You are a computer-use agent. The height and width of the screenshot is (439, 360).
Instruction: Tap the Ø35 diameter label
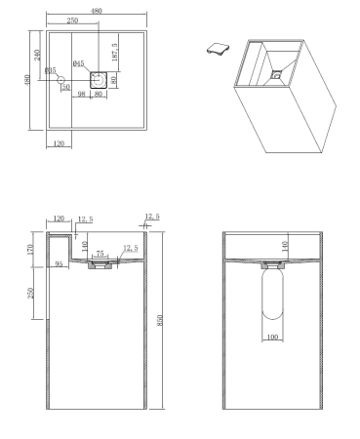(x=50, y=70)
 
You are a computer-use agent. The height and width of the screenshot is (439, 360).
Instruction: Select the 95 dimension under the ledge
(x=60, y=263)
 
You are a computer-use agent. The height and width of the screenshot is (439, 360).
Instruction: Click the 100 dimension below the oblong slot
(x=273, y=337)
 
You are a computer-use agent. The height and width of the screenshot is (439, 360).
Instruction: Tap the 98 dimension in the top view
(x=84, y=95)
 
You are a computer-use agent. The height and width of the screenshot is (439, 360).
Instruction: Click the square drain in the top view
(x=98, y=80)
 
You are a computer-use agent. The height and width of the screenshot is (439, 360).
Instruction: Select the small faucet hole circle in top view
(x=60, y=81)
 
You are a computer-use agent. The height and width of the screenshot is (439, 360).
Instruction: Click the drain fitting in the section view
(x=99, y=266)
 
